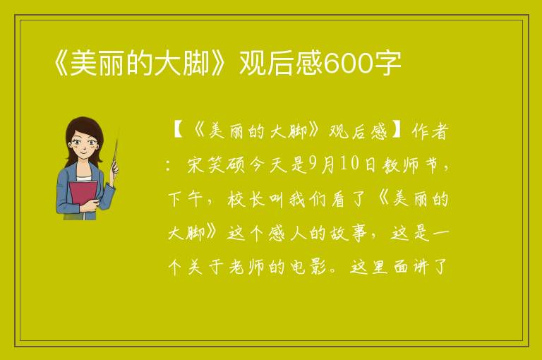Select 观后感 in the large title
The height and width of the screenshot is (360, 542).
281,64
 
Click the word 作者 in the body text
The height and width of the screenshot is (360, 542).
430,131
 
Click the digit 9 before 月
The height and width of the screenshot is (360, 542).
313,164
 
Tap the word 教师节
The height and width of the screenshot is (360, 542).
411,165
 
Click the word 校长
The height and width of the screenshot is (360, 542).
246,199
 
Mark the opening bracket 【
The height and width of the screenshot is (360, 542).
179,131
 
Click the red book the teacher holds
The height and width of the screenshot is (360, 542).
83,194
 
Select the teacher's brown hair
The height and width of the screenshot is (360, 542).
84,135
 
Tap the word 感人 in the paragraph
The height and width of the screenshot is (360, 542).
288,233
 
